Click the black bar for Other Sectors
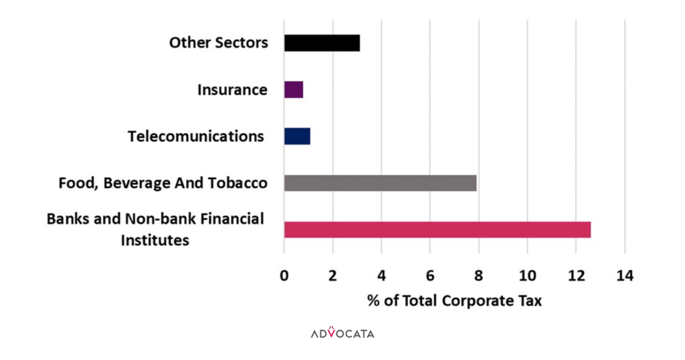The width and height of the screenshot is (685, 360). pyautogui.click(x=322, y=43)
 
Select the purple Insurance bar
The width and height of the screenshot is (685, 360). pyautogui.click(x=294, y=90)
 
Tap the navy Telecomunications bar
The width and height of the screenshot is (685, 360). pyautogui.click(x=297, y=136)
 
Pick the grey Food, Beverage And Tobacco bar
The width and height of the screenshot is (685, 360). pyautogui.click(x=380, y=183)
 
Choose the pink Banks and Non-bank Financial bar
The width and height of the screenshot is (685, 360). pyautogui.click(x=437, y=229)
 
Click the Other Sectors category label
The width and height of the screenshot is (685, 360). pyautogui.click(x=218, y=43)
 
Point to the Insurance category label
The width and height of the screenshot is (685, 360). pyautogui.click(x=232, y=90)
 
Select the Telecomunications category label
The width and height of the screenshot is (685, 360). pyautogui.click(x=195, y=137)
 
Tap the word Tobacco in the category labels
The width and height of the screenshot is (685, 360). pyautogui.click(x=240, y=183)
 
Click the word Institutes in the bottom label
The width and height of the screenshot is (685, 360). pyautogui.click(x=155, y=240)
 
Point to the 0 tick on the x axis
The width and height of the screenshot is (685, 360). pyautogui.click(x=284, y=276)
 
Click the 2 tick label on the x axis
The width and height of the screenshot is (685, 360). pyautogui.click(x=332, y=276)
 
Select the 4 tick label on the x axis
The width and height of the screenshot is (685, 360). pyautogui.click(x=381, y=276)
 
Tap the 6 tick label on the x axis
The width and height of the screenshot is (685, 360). pyautogui.click(x=430, y=276)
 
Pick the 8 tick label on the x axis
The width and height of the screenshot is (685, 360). pyautogui.click(x=479, y=276)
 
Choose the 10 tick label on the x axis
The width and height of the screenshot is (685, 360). pyautogui.click(x=527, y=276)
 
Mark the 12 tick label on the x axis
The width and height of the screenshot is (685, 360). pyautogui.click(x=576, y=276)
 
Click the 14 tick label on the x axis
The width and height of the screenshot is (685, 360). pyautogui.click(x=625, y=276)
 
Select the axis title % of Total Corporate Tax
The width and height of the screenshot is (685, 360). pyautogui.click(x=454, y=300)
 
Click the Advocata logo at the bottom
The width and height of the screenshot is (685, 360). pyautogui.click(x=342, y=333)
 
